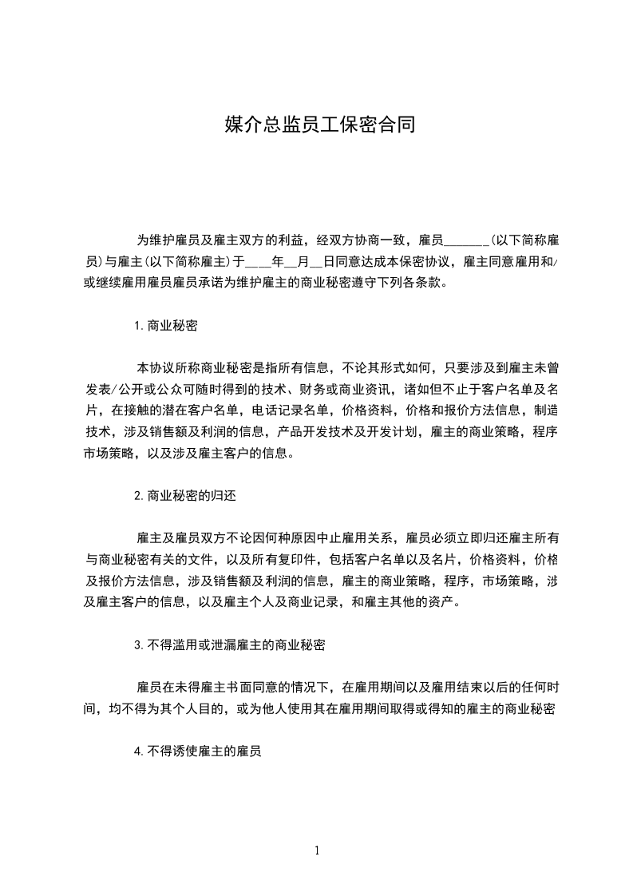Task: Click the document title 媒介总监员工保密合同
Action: [x=319, y=125]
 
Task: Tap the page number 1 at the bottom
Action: [x=317, y=850]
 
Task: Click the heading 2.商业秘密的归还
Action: [x=185, y=495]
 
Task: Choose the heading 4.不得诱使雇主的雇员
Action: [x=199, y=751]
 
